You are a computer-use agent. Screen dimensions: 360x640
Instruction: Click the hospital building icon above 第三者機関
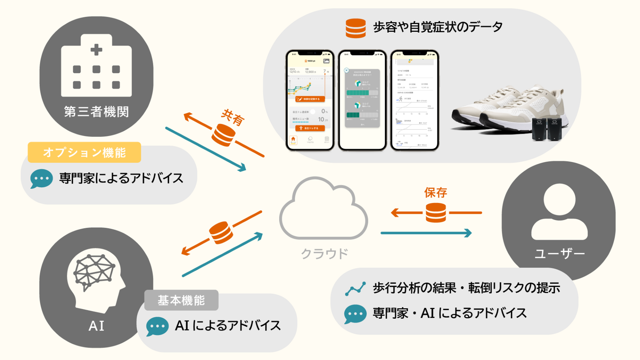click(96, 66)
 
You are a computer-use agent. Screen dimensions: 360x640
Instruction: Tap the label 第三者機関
click(96, 112)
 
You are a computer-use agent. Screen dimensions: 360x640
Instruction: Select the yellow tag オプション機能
click(84, 152)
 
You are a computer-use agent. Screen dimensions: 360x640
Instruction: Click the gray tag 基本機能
click(181, 300)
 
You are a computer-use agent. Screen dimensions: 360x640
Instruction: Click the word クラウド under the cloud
click(324, 254)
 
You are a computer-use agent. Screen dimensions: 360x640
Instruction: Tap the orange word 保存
click(435, 193)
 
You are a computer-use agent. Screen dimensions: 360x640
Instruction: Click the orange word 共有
click(232, 117)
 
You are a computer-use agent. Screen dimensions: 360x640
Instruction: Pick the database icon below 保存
click(436, 213)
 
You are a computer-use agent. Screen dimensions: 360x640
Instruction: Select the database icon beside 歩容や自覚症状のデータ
click(356, 28)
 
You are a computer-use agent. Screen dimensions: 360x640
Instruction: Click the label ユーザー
click(559, 254)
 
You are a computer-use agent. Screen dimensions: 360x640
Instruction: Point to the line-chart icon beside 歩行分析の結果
click(355, 289)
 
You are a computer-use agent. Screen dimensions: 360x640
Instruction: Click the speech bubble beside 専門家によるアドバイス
click(41, 178)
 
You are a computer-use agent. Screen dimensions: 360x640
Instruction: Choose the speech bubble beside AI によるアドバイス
click(157, 326)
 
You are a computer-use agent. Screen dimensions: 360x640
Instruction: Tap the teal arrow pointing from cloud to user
click(426, 233)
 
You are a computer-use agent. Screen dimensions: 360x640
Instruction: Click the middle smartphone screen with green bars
click(362, 100)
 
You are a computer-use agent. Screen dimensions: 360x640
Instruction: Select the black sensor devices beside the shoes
click(547, 129)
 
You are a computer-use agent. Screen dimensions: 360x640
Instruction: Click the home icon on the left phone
click(293, 139)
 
